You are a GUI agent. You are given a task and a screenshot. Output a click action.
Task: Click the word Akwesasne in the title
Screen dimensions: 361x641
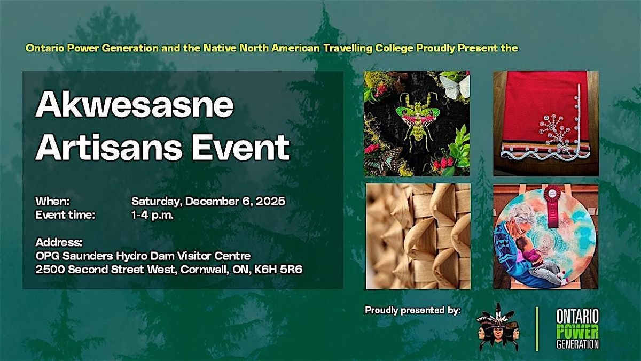click(x=135, y=106)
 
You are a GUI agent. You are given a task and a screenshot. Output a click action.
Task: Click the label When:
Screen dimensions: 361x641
click(x=53, y=202)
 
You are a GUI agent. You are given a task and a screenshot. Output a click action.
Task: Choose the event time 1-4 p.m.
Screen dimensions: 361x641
click(x=153, y=215)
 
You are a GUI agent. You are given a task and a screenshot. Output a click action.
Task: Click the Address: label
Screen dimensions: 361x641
click(x=59, y=242)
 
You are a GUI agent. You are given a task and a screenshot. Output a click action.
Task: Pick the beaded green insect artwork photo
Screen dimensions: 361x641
click(x=417, y=124)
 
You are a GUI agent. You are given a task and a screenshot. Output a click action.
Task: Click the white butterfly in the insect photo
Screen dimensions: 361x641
click(x=455, y=86)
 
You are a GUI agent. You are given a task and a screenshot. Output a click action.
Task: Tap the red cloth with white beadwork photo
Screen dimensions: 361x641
click(x=545, y=124)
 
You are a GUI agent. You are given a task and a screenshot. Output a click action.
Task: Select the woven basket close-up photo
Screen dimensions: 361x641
click(x=418, y=236)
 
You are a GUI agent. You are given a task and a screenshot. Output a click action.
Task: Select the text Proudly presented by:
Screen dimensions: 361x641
click(x=412, y=310)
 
